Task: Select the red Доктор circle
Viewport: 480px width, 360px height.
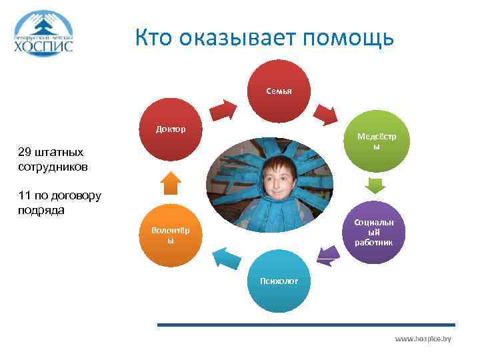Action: (171, 130)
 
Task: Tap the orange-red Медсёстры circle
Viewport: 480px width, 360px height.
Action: (377, 143)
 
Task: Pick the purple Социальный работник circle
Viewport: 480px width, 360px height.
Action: (374, 231)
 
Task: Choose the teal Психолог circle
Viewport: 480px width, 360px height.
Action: (281, 281)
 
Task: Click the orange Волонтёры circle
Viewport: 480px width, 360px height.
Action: (171, 235)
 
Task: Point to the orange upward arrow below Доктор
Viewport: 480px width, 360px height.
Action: (171, 181)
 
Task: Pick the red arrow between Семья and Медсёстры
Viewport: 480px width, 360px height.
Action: (327, 114)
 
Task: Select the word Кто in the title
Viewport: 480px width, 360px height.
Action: (153, 38)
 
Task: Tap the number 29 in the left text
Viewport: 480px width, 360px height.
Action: (27, 153)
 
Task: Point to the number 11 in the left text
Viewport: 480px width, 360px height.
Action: (25, 197)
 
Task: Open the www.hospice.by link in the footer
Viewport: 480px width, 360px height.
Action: (423, 339)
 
